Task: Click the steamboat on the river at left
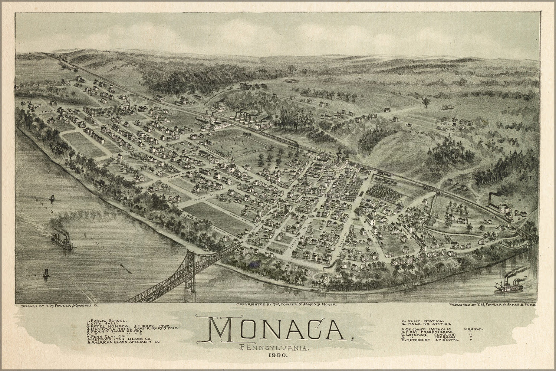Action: [x=62, y=243]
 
